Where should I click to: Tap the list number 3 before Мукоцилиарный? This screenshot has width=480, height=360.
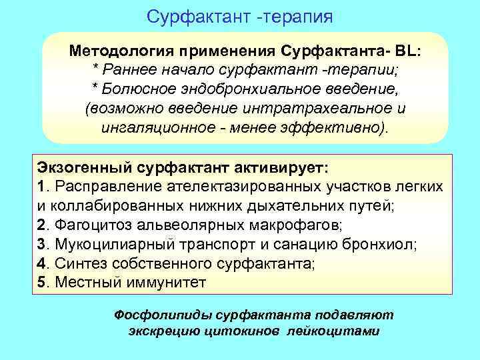40,244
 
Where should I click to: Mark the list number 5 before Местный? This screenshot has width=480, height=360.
40,283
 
